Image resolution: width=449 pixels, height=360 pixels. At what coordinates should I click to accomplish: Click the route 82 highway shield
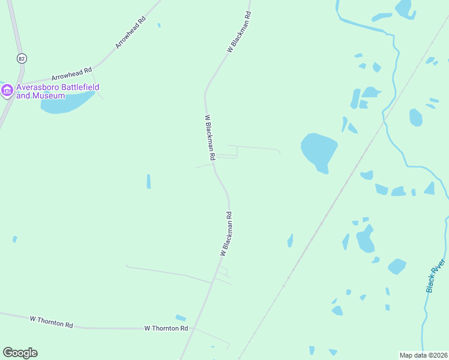tap(22, 58)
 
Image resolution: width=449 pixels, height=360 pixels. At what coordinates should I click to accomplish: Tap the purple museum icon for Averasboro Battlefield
tap(7, 91)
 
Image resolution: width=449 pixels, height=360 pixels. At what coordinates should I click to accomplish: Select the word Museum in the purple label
tap(49, 96)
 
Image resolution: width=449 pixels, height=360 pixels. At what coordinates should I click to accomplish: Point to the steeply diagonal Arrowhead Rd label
tap(131, 32)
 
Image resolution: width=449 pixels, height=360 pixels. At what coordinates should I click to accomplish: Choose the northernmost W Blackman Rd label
tap(238, 32)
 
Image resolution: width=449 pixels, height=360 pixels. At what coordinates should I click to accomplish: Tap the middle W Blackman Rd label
tap(210, 137)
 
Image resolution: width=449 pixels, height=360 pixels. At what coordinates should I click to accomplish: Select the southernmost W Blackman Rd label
tap(226, 234)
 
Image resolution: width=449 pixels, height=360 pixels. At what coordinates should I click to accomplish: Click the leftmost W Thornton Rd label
tap(51, 322)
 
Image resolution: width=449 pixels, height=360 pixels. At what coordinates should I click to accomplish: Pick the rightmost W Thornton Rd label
tap(166, 329)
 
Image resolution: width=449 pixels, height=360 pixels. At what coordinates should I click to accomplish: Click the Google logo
tap(20, 353)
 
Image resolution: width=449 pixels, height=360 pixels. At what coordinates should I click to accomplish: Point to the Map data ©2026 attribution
tap(423, 355)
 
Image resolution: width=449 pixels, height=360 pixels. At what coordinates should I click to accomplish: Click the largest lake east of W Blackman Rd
tap(318, 152)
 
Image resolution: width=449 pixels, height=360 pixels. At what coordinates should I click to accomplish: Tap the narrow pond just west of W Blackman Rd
tap(148, 181)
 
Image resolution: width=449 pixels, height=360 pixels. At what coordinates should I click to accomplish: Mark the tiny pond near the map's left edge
tap(14, 239)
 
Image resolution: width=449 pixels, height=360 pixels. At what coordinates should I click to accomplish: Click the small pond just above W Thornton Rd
tap(181, 318)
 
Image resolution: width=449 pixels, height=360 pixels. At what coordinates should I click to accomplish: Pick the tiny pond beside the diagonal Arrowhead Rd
tap(158, 25)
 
